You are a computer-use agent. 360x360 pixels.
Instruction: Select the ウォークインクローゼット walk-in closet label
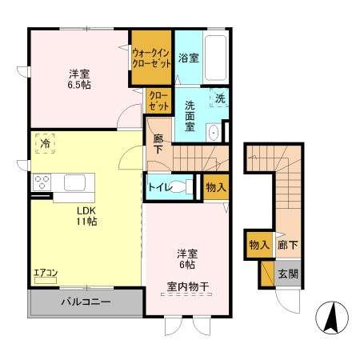151,57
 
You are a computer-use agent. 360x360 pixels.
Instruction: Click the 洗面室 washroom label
190,117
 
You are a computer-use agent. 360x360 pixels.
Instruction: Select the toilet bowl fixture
187,187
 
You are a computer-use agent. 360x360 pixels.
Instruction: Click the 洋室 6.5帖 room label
78,78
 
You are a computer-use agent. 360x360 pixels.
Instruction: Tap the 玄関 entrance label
287,274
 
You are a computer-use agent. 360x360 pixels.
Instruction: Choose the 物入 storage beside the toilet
216,187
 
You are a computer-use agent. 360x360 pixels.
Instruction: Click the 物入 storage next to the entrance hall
258,244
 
